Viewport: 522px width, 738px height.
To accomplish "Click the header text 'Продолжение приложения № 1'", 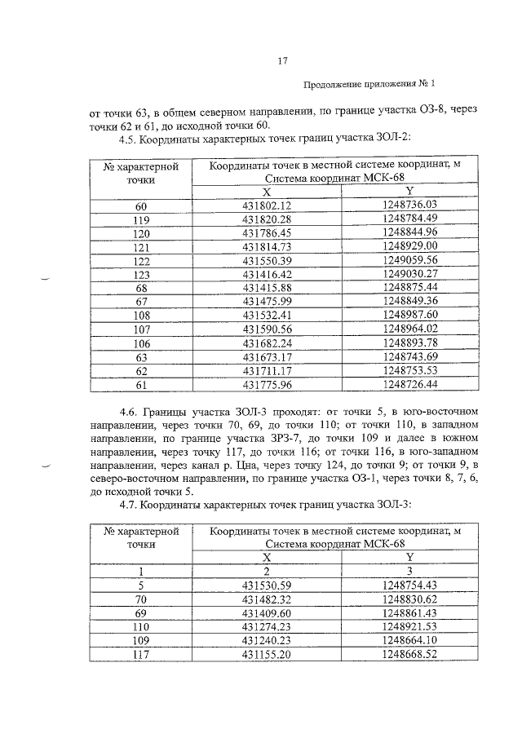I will [369, 84].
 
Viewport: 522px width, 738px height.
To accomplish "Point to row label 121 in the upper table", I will [141, 246].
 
